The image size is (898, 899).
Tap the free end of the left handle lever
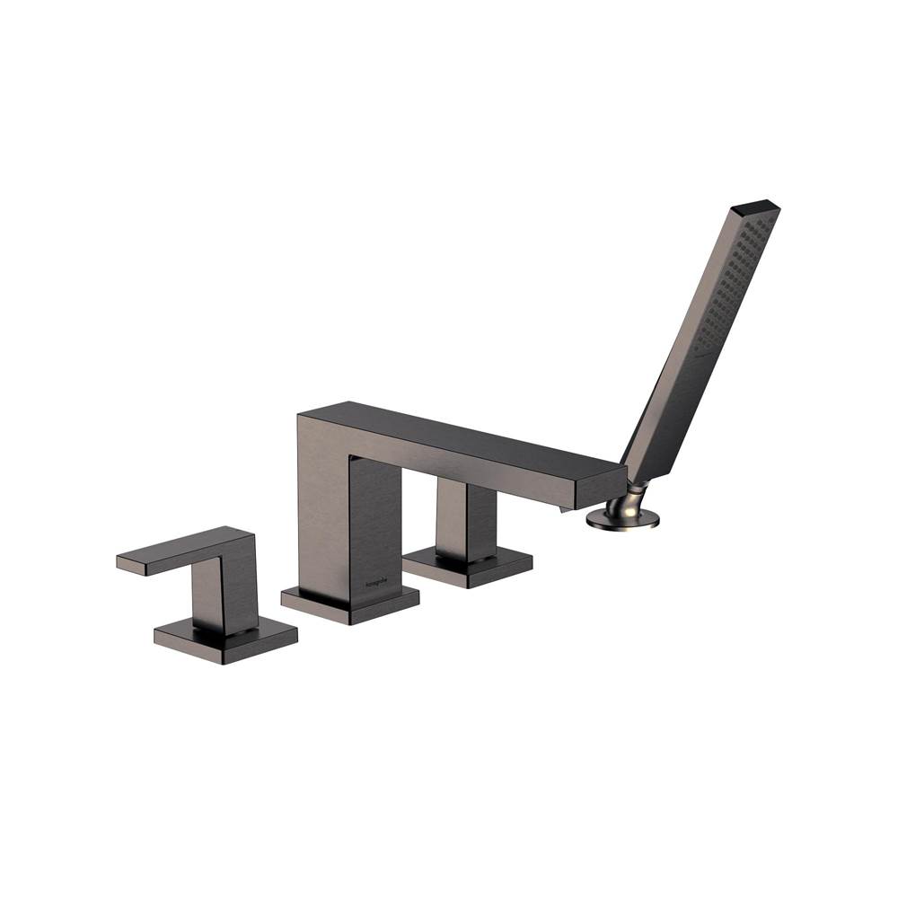click(126, 562)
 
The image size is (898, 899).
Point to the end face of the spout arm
click(600, 488)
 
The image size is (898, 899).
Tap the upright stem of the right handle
click(465, 519)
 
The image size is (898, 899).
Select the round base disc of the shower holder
click(622, 519)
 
